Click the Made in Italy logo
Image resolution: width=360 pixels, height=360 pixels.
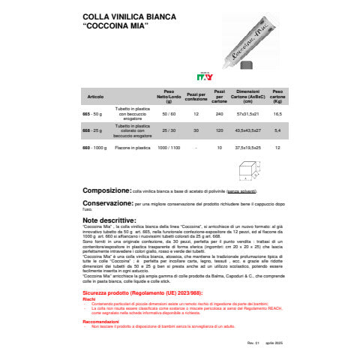coord(205,76)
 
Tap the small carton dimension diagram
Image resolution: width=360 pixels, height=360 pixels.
coord(247,173)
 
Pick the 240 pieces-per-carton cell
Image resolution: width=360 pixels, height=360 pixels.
coord(220,113)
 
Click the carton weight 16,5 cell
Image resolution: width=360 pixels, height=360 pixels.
coord(277,113)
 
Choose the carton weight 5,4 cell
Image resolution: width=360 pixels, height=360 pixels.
coord(277,130)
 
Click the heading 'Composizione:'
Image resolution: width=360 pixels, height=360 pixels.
coord(101,191)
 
